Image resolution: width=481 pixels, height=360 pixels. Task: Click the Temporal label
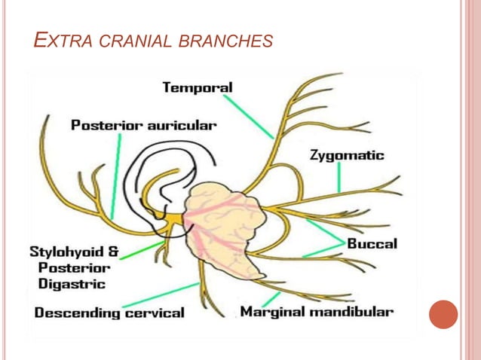click(x=198, y=88)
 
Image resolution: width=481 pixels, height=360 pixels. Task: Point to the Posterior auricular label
click(x=143, y=125)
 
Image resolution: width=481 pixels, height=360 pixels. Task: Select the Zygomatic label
click(x=347, y=156)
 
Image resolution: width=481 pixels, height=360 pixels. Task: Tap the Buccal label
click(x=372, y=243)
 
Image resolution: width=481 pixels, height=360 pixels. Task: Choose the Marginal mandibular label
click(x=316, y=311)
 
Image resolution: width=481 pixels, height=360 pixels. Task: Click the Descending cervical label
click(x=109, y=312)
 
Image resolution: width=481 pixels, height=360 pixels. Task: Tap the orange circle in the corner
click(x=443, y=314)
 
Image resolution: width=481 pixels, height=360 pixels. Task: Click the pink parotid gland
click(x=226, y=226)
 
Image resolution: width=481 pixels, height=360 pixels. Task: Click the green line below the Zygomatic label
click(x=339, y=178)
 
